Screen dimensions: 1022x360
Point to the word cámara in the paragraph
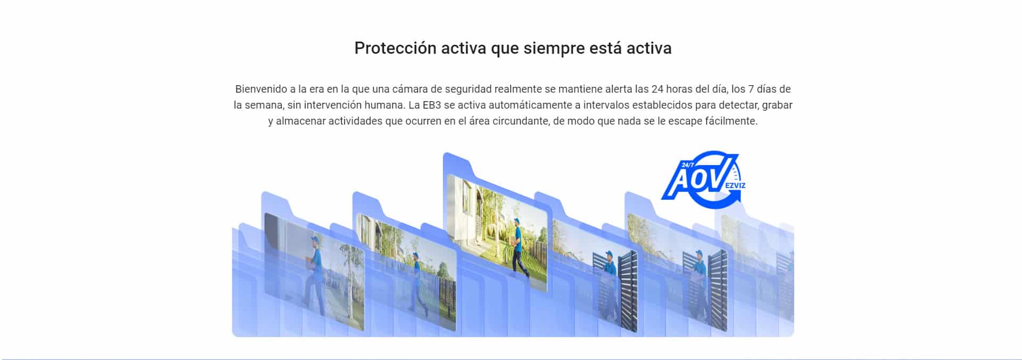tap(409, 89)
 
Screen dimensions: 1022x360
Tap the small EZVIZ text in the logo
tap(735, 185)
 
